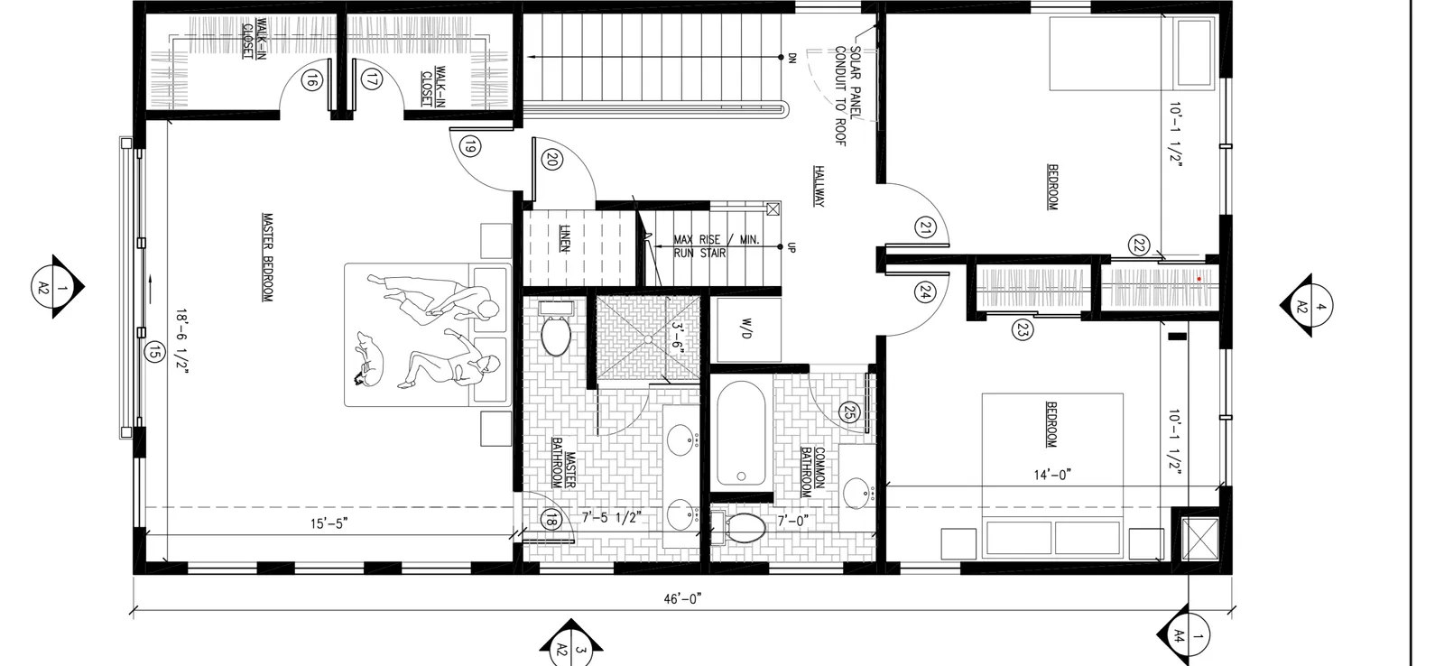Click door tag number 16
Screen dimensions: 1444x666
click(x=311, y=81)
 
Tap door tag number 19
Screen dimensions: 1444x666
click(x=470, y=147)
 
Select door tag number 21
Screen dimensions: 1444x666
click(x=925, y=227)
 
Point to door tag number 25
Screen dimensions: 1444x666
click(x=849, y=412)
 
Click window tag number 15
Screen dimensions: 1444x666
click(x=153, y=352)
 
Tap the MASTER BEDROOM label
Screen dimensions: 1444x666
click(x=267, y=257)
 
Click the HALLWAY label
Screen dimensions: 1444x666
click(x=819, y=186)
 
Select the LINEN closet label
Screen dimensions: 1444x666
click(x=565, y=238)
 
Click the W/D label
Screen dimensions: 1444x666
click(x=746, y=328)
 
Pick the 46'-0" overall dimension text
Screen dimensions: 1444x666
click(x=682, y=599)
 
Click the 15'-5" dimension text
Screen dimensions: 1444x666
click(x=329, y=523)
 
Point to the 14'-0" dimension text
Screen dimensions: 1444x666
click(x=1052, y=476)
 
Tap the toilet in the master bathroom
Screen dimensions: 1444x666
click(x=555, y=329)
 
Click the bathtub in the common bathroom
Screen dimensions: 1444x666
click(x=741, y=433)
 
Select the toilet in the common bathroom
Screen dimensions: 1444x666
click(x=739, y=528)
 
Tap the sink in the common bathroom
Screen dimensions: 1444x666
click(x=857, y=494)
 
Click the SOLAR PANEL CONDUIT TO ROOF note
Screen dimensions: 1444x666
click(x=848, y=96)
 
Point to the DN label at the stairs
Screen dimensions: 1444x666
click(x=793, y=58)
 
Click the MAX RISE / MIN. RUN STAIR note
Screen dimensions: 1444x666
click(x=717, y=246)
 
